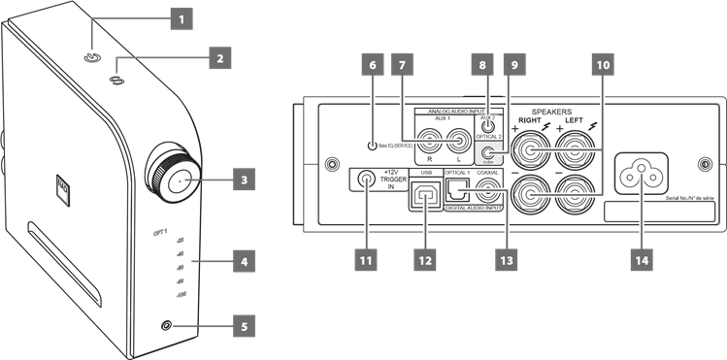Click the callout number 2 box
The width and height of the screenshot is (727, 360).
(x=218, y=58)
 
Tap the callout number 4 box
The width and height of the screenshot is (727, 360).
(x=245, y=261)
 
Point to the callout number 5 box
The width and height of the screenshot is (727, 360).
(x=245, y=326)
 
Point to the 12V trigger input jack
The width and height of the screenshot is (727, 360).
(x=367, y=180)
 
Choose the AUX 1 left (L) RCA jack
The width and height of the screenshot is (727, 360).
(x=459, y=140)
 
